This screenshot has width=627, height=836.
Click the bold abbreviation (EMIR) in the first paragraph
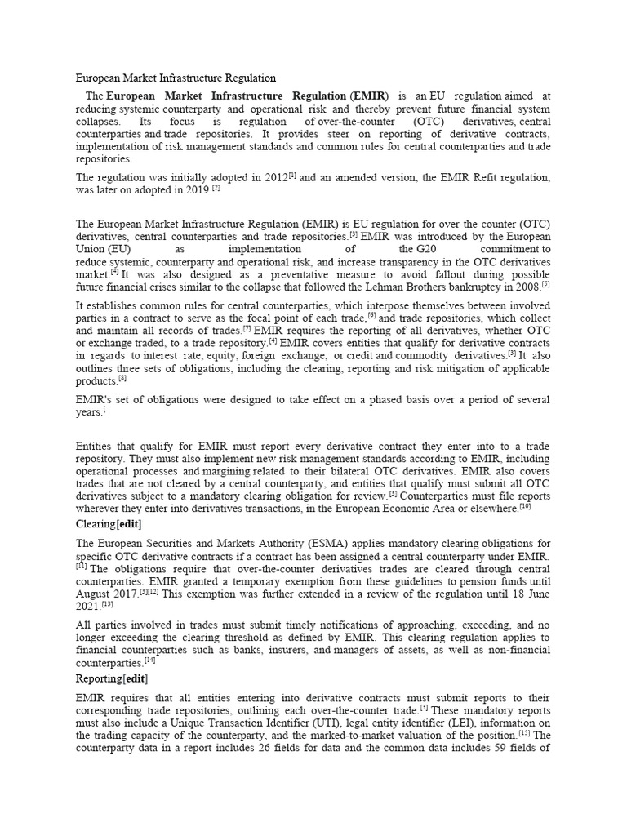369,96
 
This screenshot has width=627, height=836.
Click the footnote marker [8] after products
122,378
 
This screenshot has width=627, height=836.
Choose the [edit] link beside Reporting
136,678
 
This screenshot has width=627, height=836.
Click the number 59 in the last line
492,749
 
